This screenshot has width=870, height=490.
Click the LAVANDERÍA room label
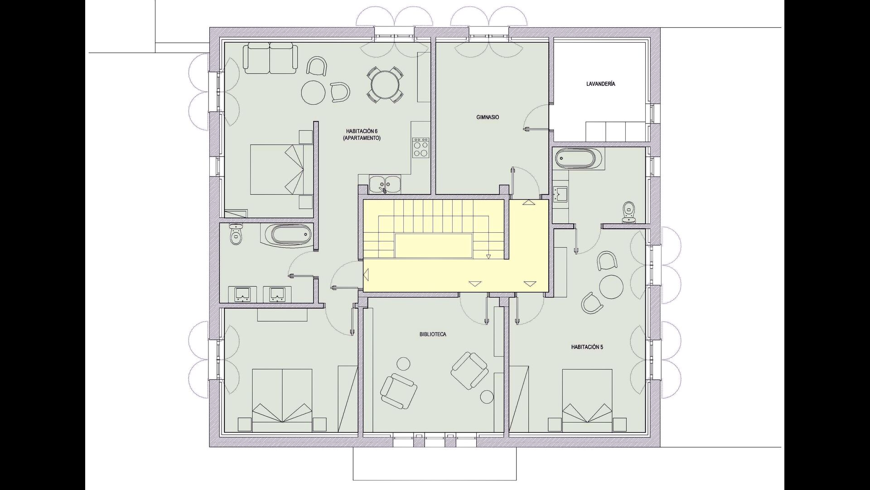pos(600,84)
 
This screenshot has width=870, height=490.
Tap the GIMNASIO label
pos(488,117)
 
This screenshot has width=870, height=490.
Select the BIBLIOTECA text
pos(433,334)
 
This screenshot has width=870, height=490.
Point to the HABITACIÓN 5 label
pos(587,347)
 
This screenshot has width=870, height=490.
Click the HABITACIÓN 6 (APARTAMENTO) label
pos(362,135)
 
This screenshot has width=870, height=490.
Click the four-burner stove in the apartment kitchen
pos(420,148)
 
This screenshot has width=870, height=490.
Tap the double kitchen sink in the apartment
pos(384,184)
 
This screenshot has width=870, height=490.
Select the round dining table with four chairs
pos(384,85)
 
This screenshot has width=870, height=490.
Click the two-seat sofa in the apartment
pos(270,58)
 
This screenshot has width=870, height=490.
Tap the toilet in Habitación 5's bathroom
pos(628,212)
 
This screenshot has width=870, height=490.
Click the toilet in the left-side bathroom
pos(236,234)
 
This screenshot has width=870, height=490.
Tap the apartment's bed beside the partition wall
pos(282,169)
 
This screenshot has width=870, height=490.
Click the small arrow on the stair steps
pos(488,257)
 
